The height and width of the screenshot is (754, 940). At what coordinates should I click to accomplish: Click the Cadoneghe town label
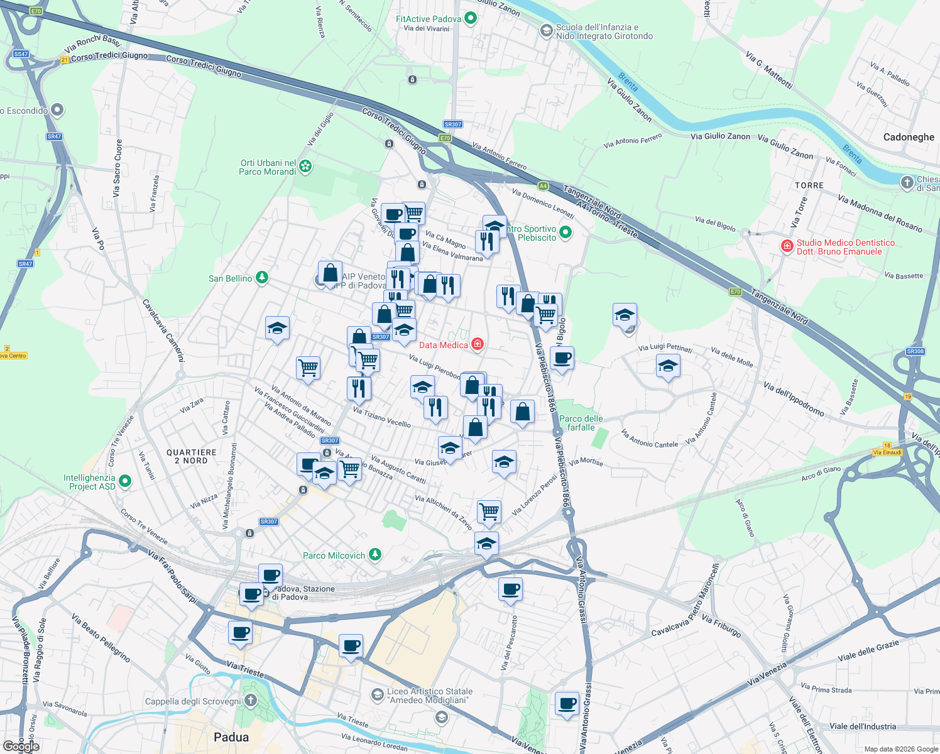(x=909, y=137)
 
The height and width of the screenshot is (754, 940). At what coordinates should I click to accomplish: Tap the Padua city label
(x=231, y=737)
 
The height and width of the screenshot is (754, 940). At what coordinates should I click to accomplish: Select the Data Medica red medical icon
(x=478, y=344)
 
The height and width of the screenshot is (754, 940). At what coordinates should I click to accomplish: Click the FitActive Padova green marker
(x=471, y=19)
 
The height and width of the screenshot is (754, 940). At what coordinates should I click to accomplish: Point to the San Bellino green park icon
(x=262, y=278)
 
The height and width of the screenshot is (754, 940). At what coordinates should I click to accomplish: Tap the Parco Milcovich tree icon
(x=375, y=555)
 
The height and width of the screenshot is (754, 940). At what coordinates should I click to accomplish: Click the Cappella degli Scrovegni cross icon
(x=251, y=701)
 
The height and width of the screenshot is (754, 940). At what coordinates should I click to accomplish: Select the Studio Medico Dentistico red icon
(x=787, y=246)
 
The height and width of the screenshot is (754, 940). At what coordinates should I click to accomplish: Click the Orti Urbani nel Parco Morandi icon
(x=305, y=167)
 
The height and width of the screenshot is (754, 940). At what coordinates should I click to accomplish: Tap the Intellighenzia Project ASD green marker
(x=125, y=481)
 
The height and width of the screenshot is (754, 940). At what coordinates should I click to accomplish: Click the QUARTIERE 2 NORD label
(x=192, y=456)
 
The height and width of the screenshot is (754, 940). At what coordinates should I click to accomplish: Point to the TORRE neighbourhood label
(x=809, y=185)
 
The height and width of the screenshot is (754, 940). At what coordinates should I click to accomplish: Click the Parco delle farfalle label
(x=581, y=423)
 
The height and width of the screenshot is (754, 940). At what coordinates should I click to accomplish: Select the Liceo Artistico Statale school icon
(x=377, y=694)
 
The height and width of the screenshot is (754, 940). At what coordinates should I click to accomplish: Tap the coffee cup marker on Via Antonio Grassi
(x=567, y=703)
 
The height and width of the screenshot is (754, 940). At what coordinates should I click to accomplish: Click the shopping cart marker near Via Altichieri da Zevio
(x=489, y=511)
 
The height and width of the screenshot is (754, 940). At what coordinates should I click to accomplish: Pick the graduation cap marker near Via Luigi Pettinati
(x=667, y=366)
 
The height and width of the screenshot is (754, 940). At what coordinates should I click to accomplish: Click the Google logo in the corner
(x=21, y=746)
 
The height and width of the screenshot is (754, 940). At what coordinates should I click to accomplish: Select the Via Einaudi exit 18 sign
(x=887, y=452)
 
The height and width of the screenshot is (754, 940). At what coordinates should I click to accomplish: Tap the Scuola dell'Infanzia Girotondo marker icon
(x=546, y=30)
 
